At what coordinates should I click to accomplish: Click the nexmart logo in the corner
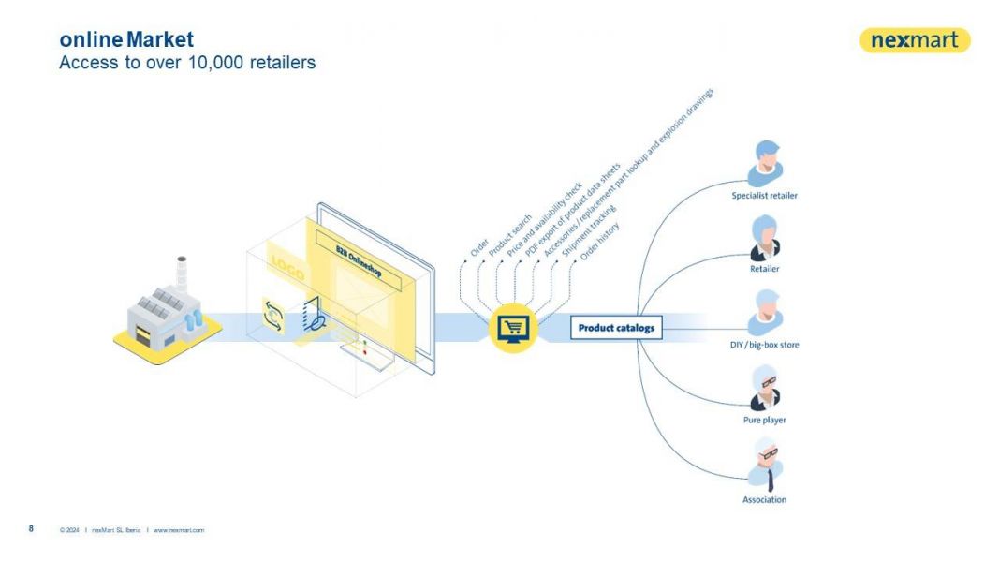tap(915, 40)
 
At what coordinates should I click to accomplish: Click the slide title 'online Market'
tap(126, 40)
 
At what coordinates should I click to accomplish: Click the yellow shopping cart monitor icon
tap(514, 327)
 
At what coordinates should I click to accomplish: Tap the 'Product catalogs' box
tap(616, 328)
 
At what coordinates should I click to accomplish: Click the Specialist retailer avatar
tap(764, 163)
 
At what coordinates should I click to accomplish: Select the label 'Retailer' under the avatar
tap(764, 269)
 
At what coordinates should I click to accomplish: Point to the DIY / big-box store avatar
tap(764, 313)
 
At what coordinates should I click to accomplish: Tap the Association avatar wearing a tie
tap(764, 464)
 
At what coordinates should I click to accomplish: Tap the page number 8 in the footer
tap(31, 529)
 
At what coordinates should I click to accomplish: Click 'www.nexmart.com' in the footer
tap(179, 530)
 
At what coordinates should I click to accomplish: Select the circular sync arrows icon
tap(272, 316)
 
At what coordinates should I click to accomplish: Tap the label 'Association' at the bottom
tap(764, 499)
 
